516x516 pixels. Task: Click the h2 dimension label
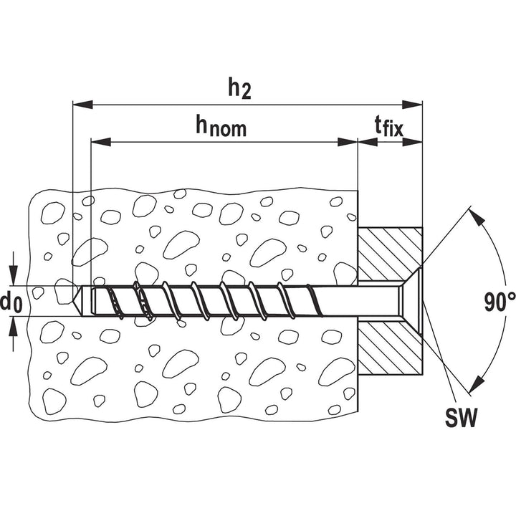pos(239,89)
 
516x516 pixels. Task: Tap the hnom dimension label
pos(221,125)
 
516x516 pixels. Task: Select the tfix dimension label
pos(389,125)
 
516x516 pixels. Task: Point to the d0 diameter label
pos(11,302)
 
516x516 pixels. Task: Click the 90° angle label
pos(500,302)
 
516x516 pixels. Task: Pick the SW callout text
pos(461,418)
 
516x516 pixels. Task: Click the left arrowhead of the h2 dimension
pos(82,105)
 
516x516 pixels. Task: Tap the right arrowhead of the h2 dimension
pos(412,105)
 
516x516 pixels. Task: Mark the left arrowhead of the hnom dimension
pos(101,142)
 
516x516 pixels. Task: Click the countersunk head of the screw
pos(411,301)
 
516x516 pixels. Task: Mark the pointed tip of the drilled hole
pos(73,301)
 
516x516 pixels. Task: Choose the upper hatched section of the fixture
pos(389,254)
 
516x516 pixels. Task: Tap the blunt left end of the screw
pos(93,301)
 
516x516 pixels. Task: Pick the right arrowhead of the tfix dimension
pos(412,142)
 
